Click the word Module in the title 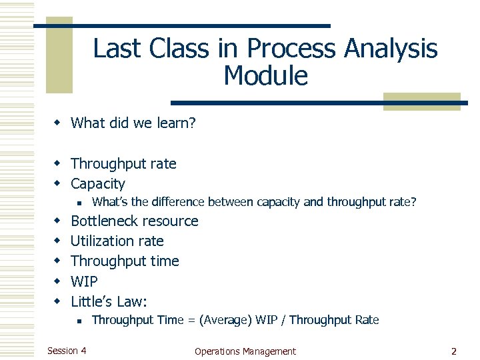(x=265, y=77)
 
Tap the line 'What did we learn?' (x=133, y=123)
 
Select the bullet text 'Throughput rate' (x=123, y=163)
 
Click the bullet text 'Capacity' (x=97, y=183)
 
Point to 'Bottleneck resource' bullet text (x=134, y=221)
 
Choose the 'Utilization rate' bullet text (x=117, y=241)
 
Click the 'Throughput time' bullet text (x=125, y=261)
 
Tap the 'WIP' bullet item (x=84, y=281)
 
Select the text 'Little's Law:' (x=109, y=301)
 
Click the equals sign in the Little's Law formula (x=191, y=320)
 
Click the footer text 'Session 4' (x=66, y=351)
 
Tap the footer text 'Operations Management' (x=245, y=351)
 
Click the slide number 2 (x=453, y=351)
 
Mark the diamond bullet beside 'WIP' (x=58, y=281)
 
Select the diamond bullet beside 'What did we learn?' (x=58, y=123)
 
